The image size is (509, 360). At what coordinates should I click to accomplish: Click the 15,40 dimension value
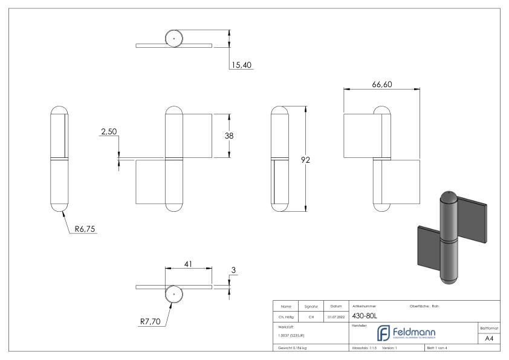241,65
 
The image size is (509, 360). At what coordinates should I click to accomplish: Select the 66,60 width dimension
381,85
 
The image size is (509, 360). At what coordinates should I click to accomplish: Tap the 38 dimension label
229,136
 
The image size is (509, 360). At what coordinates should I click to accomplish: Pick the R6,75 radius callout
86,229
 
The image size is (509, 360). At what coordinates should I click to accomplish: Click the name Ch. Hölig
286,315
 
